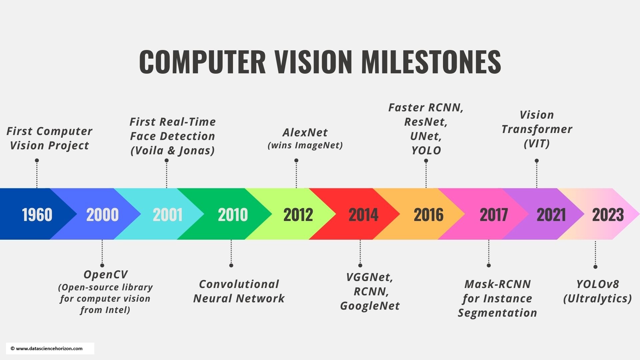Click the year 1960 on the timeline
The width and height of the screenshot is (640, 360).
pos(37,215)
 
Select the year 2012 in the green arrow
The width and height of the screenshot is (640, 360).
pos(298,215)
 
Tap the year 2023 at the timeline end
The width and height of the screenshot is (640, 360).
pos(608,215)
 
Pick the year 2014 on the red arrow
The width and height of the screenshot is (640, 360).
pos(363,215)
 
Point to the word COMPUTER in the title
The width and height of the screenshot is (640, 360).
pos(202,62)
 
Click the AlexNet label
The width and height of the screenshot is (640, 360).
pos(305,133)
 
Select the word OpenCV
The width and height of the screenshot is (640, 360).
pos(105,274)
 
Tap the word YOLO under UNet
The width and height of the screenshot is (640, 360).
pos(426,151)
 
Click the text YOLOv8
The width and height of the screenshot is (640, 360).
pos(597,284)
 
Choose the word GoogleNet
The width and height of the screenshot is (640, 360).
pos(370,306)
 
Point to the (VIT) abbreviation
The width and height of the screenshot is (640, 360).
pos(536,144)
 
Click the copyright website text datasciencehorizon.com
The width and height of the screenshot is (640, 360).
pos(49,349)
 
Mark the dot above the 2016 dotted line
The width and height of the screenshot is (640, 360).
pos(426,161)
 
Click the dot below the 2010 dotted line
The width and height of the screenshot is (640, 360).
pos(231,265)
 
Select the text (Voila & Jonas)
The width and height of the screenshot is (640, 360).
pos(172,151)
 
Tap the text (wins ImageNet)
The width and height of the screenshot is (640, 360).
pos(305,145)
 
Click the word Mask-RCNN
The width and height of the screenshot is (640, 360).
pos(497,284)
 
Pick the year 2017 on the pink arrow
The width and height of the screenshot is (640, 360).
pos(494,215)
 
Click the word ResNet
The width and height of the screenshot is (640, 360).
pos(426,122)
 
